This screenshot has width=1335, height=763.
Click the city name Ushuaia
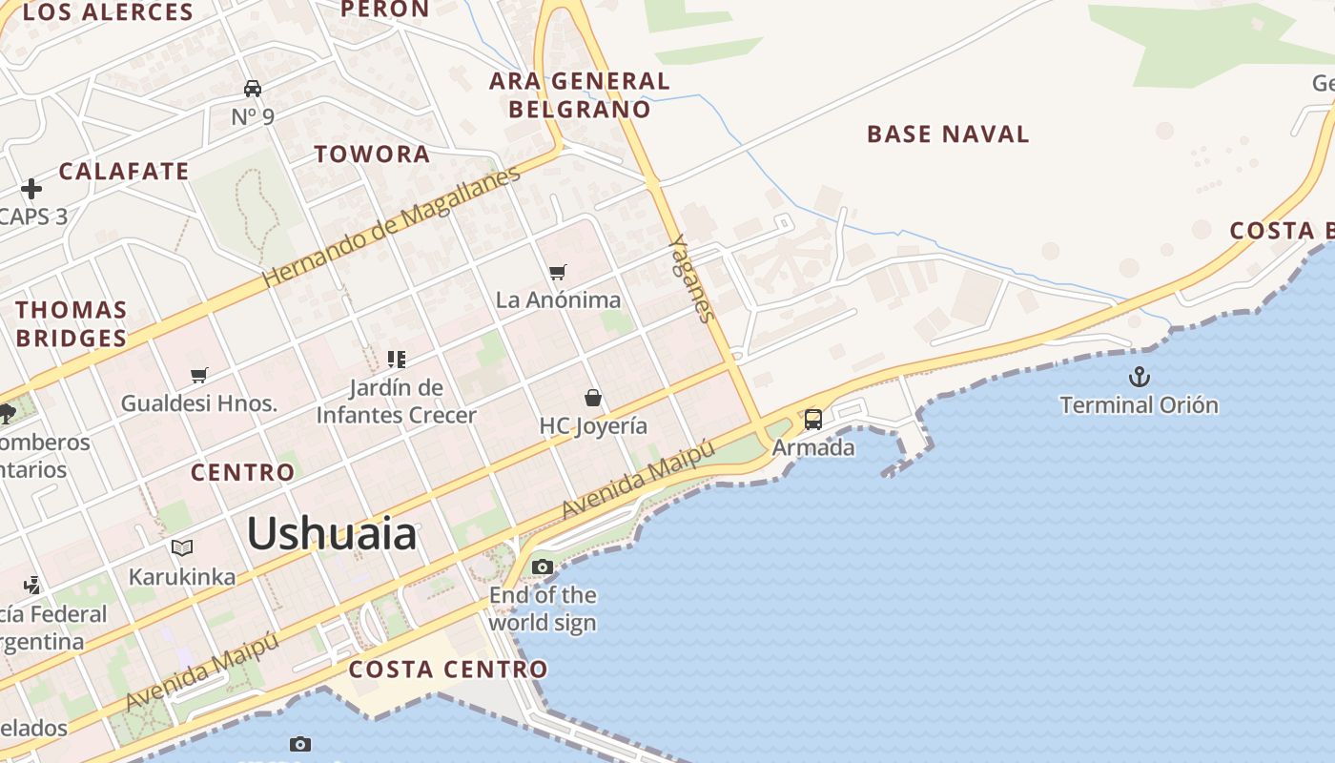(x=332, y=533)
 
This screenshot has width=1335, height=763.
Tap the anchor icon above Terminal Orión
(x=1139, y=377)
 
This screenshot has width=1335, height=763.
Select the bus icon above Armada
(x=813, y=419)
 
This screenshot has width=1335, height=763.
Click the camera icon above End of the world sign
(x=542, y=567)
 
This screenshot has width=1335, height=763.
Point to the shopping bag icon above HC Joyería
(x=593, y=398)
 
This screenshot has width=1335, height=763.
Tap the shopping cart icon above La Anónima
(x=558, y=273)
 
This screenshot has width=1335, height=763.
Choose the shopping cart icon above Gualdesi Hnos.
(x=198, y=375)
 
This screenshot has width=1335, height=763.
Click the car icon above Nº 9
(x=253, y=89)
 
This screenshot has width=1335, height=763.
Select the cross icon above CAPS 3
(x=31, y=189)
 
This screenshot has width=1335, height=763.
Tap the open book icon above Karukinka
(x=182, y=547)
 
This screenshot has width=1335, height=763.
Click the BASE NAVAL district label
(x=948, y=134)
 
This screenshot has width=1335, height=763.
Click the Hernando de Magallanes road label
(x=391, y=227)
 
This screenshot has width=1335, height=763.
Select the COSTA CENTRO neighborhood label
(x=448, y=670)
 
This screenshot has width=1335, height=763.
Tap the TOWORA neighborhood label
(x=372, y=155)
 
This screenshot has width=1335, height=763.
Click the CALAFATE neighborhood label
(x=124, y=172)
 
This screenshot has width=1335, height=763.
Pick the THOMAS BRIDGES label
(x=72, y=324)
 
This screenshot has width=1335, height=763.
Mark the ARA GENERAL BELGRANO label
(x=580, y=95)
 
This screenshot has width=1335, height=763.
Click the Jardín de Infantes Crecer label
(x=396, y=402)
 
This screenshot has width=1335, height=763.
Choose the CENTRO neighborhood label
(x=243, y=473)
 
